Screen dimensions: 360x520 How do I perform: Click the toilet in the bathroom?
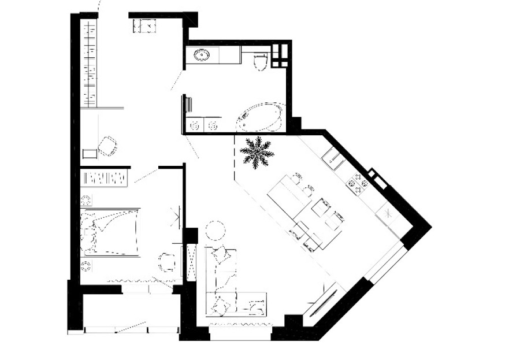coord(261,61)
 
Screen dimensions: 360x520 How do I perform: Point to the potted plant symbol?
coord(257,151)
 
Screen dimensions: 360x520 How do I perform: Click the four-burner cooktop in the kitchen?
coord(357,184)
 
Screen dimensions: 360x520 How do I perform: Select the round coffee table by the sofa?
coord(216,231)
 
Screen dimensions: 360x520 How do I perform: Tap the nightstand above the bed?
coord(86,200)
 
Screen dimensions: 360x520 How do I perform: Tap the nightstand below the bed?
coord(86,266)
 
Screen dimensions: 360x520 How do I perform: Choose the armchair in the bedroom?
coord(167,261)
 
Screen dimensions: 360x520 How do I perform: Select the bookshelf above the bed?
coord(103,178)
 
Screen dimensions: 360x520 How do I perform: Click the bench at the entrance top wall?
coord(144,25)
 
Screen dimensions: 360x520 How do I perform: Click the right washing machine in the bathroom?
coord(213,124)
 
